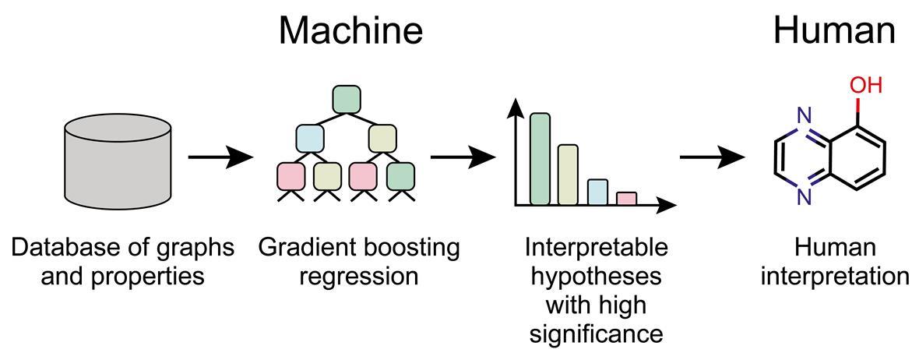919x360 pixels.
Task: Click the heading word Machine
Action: point(350,30)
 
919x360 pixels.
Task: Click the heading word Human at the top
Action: point(833,30)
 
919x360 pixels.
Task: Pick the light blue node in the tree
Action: point(309,138)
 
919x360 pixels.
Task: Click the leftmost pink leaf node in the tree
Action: point(290,176)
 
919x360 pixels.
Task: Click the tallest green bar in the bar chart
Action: point(540,159)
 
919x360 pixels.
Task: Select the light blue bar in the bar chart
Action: point(597,192)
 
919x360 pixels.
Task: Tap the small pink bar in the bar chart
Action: point(626,198)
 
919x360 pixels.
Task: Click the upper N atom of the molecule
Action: point(804,117)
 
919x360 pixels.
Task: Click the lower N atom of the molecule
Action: point(804,196)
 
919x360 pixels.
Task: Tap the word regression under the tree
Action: point(359,276)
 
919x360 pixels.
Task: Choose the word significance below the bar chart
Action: point(596,333)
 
